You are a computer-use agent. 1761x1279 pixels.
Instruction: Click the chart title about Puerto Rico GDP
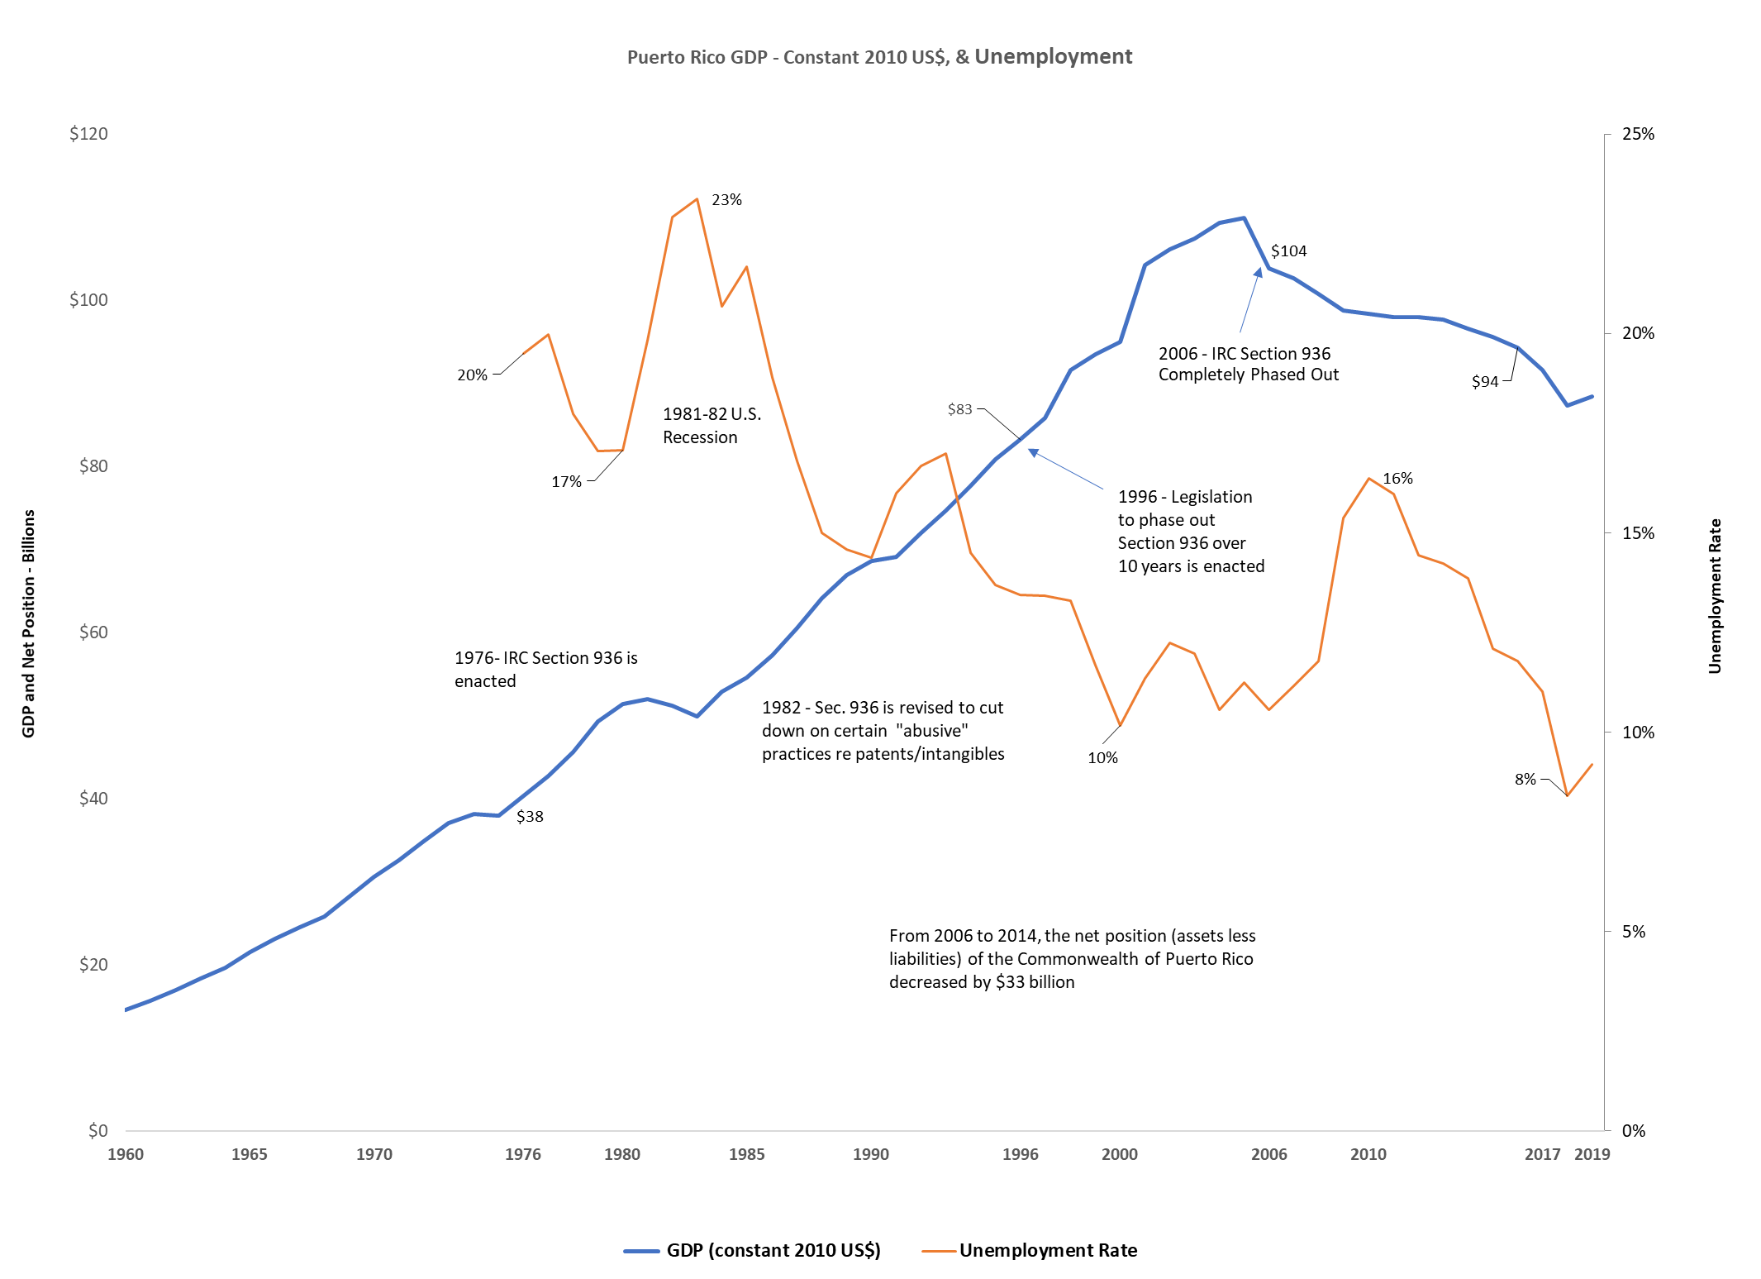click(879, 57)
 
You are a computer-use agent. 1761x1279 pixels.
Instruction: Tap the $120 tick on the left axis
click(88, 134)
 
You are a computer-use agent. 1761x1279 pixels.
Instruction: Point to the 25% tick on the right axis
click(1638, 134)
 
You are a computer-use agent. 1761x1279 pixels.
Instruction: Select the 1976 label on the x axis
click(522, 1154)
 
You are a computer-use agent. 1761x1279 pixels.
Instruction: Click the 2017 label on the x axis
click(1541, 1154)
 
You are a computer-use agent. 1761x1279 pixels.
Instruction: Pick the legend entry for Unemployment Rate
click(1047, 1250)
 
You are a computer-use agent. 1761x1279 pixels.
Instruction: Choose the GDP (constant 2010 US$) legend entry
click(773, 1250)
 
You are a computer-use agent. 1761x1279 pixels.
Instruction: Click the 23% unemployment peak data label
click(726, 200)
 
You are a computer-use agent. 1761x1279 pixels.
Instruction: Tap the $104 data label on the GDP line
click(1288, 251)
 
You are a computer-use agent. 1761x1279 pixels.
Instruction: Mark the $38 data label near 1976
click(530, 817)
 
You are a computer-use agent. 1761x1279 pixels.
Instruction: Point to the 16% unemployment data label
click(1397, 479)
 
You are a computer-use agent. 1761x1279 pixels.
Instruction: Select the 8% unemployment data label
click(1525, 780)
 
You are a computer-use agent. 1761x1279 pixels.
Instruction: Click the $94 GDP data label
click(1484, 382)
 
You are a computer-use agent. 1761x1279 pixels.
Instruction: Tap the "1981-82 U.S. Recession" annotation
click(712, 426)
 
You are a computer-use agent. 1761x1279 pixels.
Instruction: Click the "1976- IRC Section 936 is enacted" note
click(545, 670)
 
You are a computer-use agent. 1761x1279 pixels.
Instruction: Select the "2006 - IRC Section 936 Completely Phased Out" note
click(1248, 365)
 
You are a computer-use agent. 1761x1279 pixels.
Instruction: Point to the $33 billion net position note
click(1072, 959)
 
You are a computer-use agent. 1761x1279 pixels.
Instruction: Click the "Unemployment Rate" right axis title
click(1715, 596)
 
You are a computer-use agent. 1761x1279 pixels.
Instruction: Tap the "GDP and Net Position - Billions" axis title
click(29, 623)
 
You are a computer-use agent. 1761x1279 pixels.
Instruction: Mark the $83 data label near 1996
click(959, 409)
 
